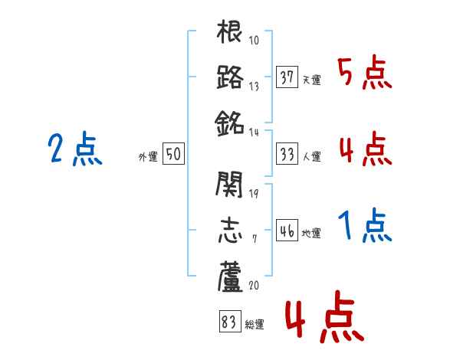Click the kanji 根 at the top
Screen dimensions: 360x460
tap(230, 35)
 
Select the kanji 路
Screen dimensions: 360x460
tap(230, 77)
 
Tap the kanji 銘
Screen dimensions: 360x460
tap(230, 121)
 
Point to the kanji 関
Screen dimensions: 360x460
tap(230, 185)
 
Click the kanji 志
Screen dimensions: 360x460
tap(230, 230)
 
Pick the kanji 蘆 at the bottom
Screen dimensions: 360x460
tap(230, 275)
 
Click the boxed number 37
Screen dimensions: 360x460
tap(287, 77)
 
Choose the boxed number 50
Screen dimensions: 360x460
tap(173, 154)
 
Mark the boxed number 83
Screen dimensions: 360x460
tap(229, 322)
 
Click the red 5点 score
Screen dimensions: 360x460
tap(365, 74)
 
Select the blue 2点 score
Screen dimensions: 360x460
tap(75, 150)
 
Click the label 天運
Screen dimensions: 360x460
tap(311, 80)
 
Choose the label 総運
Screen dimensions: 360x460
tap(254, 325)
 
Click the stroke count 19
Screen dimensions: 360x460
tap(254, 192)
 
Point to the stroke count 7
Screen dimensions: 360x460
tap(254, 239)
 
